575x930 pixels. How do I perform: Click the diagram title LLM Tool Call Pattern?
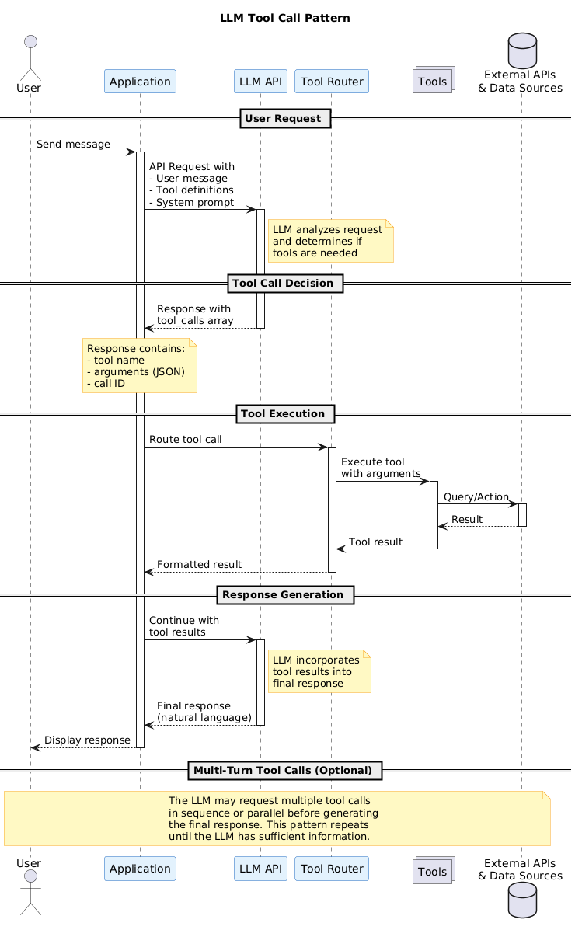[284, 18]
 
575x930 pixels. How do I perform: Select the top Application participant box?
[140, 82]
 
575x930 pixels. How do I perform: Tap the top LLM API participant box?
[260, 82]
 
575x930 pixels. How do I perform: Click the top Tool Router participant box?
[332, 82]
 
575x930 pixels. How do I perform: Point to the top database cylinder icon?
[521, 47]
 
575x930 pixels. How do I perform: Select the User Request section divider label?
[287, 119]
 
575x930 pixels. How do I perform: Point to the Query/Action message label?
[476, 497]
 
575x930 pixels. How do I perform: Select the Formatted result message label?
[199, 564]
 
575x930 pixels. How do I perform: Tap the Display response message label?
[86, 740]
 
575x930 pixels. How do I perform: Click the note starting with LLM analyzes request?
[330, 241]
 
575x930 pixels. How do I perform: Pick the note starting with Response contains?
[139, 365]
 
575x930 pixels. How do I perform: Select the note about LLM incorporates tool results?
[319, 671]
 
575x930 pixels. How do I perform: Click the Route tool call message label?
[185, 440]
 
